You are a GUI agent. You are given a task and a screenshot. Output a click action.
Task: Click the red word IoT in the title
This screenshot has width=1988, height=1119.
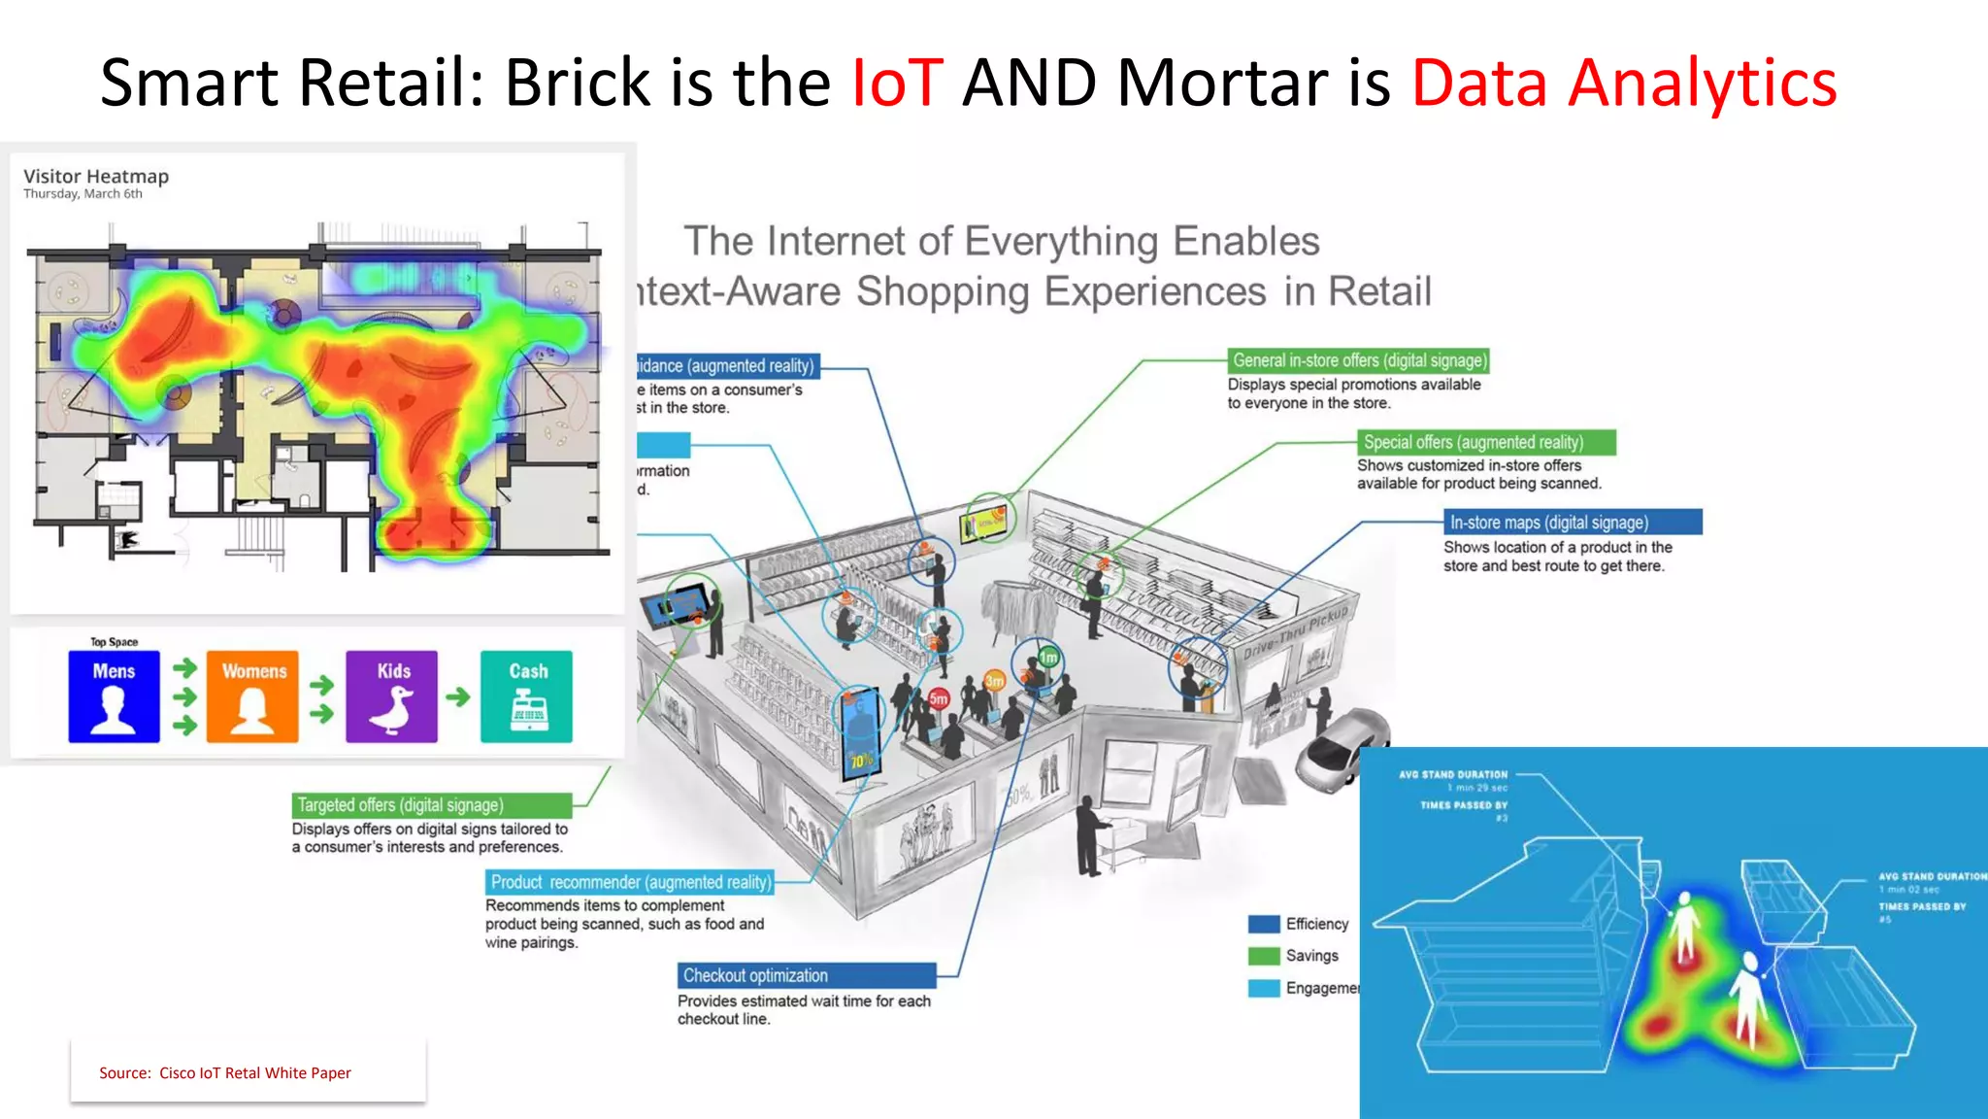896,83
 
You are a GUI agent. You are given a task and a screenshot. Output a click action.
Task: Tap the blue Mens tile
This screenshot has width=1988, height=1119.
114,696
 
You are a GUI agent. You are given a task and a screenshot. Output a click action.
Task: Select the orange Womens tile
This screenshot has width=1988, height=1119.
252,696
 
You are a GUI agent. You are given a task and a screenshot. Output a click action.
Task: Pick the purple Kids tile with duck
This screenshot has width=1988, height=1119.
392,696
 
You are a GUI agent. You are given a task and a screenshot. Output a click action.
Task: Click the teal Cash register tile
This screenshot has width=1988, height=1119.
526,696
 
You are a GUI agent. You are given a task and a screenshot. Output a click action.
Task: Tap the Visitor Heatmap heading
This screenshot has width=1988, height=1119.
96,176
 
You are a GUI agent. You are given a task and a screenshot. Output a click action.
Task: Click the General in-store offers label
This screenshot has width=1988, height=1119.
1358,360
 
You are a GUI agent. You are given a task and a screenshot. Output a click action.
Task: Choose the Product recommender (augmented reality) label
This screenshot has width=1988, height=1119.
630,882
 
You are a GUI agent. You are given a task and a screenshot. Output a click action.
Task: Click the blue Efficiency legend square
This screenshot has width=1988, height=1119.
1264,924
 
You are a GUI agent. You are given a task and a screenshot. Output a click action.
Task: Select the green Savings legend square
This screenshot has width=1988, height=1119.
1264,956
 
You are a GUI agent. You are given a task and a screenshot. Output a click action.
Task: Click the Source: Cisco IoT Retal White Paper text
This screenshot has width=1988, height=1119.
225,1072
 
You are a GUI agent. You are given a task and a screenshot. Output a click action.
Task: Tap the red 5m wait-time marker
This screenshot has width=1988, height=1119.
938,698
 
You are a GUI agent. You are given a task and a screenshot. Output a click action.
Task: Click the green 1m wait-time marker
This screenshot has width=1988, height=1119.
1048,658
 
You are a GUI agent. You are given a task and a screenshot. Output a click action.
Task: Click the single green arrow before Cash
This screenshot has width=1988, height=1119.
458,696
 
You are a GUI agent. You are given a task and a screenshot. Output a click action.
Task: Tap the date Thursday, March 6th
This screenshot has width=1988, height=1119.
83,194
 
